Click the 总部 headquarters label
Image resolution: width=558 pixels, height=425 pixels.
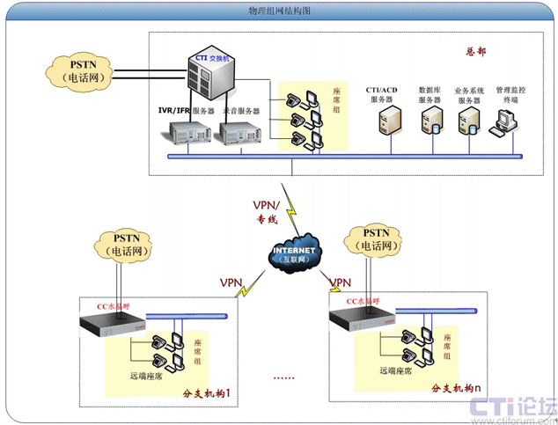pyautogui.click(x=475, y=51)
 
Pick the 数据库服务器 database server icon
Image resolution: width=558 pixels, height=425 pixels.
pyautogui.click(x=431, y=122)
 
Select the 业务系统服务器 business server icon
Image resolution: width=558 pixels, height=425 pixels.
pyautogui.click(x=469, y=122)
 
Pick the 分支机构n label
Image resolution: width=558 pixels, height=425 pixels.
pyautogui.click(x=457, y=388)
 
